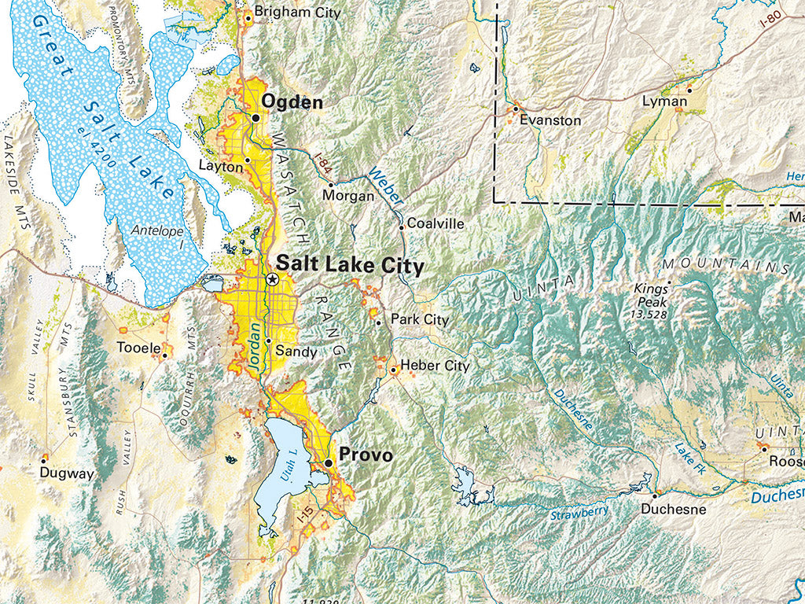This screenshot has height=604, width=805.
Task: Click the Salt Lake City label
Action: [350, 266]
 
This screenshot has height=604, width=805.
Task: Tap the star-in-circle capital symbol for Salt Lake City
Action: [272, 279]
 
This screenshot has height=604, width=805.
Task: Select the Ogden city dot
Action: [255, 118]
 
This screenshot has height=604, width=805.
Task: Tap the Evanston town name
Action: [550, 120]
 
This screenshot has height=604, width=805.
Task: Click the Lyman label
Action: [664, 101]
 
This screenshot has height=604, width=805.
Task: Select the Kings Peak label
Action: [650, 295]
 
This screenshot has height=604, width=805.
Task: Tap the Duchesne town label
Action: [674, 509]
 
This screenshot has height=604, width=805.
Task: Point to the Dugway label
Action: [67, 473]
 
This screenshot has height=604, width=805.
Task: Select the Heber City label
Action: [435, 366]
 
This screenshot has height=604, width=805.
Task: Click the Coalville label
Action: [436, 224]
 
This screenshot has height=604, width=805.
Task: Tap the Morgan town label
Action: [349, 196]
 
